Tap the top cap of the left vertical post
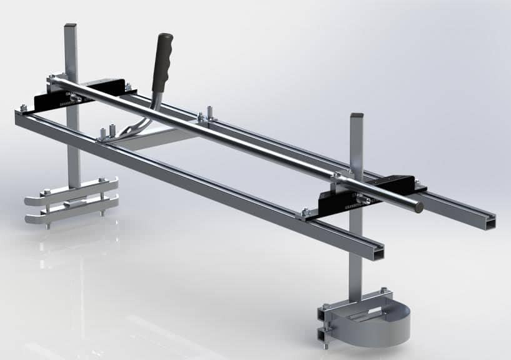(x=70, y=26)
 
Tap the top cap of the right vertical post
(x=357, y=116)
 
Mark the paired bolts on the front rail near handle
(x=106, y=132)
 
